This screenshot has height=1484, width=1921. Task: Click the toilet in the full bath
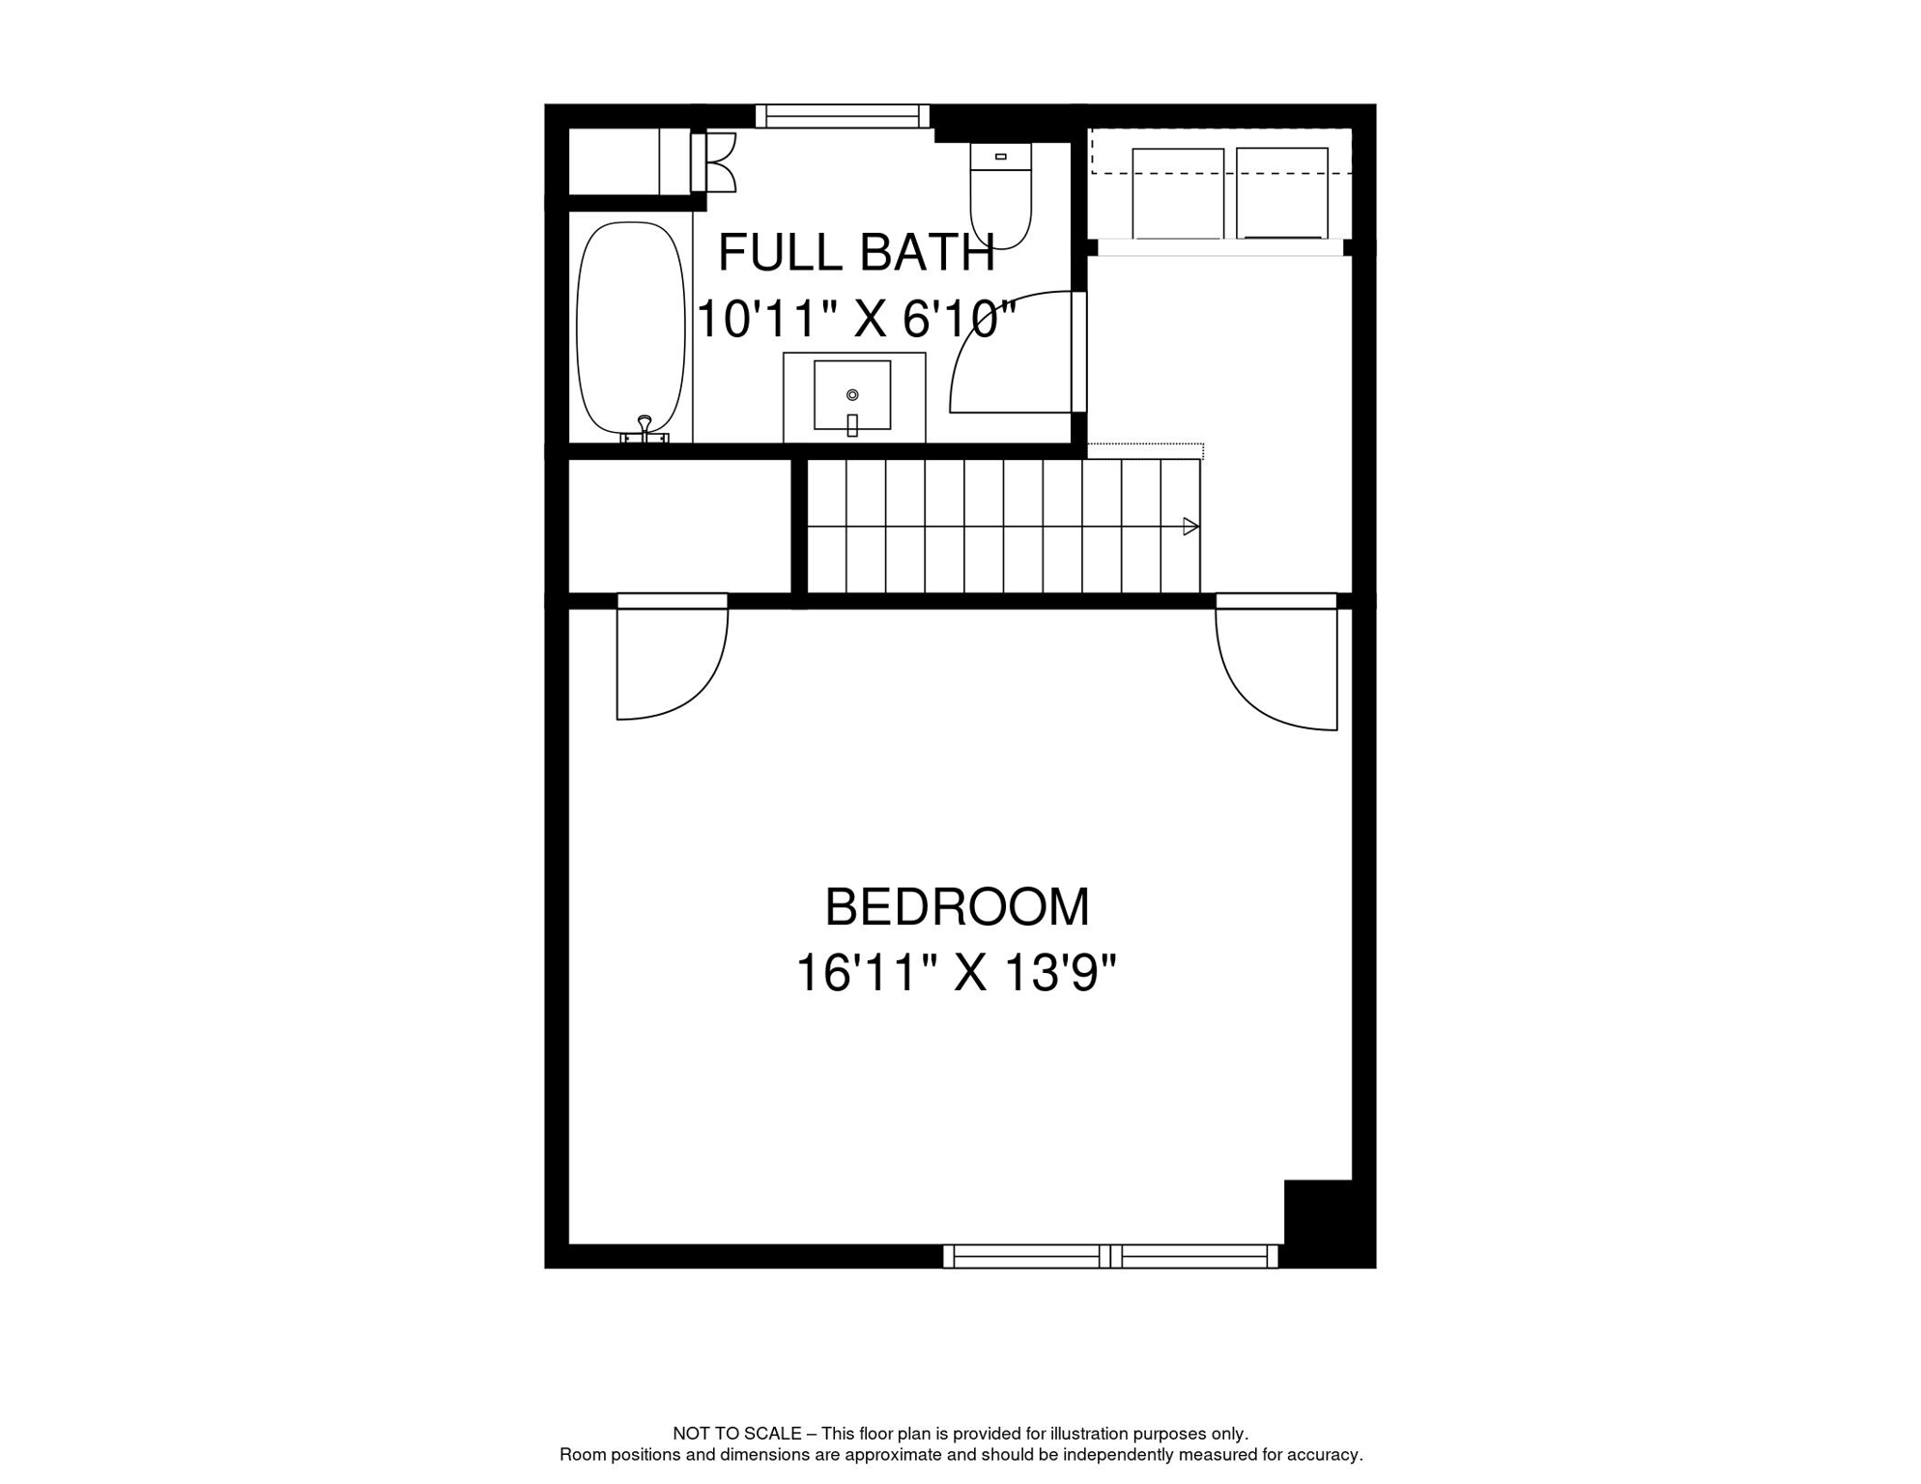click(1001, 196)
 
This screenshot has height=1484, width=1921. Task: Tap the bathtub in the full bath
click(631, 328)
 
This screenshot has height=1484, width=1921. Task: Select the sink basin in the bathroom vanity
click(851, 394)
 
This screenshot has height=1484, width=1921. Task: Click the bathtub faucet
click(645, 428)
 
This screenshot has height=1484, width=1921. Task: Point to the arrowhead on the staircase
click(1190, 527)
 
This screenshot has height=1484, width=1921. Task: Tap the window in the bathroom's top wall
click(842, 117)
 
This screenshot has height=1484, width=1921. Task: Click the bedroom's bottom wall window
click(1109, 1256)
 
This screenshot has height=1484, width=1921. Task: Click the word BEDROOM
click(957, 907)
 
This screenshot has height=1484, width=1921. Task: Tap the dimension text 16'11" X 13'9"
click(956, 973)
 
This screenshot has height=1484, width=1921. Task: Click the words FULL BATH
click(856, 253)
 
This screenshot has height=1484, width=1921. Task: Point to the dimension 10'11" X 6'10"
click(856, 319)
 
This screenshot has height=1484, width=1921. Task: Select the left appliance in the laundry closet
click(1177, 193)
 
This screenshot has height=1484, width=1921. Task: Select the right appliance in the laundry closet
click(1281, 193)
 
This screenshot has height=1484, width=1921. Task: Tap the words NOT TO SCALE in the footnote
click(736, 1434)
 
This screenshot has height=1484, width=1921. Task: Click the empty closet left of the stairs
click(679, 526)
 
